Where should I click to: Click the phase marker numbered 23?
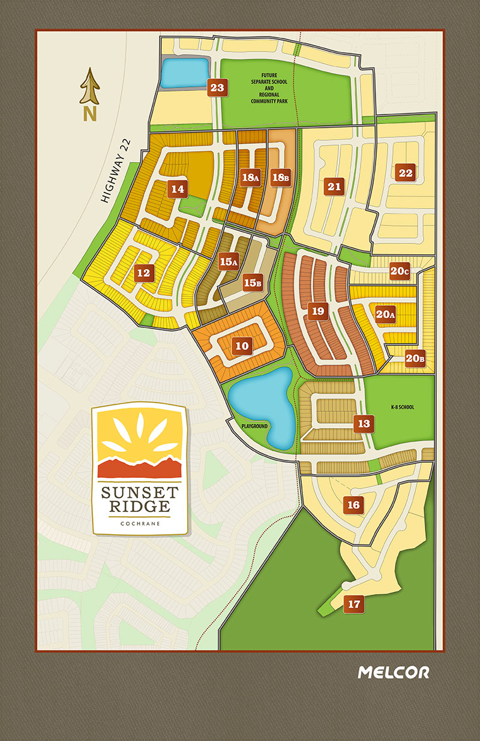(x=217, y=88)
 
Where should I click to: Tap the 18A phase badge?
(x=250, y=178)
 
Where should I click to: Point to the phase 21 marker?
(x=334, y=186)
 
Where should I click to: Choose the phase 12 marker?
(x=143, y=273)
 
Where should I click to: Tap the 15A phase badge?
(x=228, y=261)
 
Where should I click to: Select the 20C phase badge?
(x=399, y=270)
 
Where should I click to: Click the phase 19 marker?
(x=318, y=311)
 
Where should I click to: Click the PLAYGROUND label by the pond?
(x=254, y=426)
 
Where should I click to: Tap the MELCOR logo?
(x=393, y=672)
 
